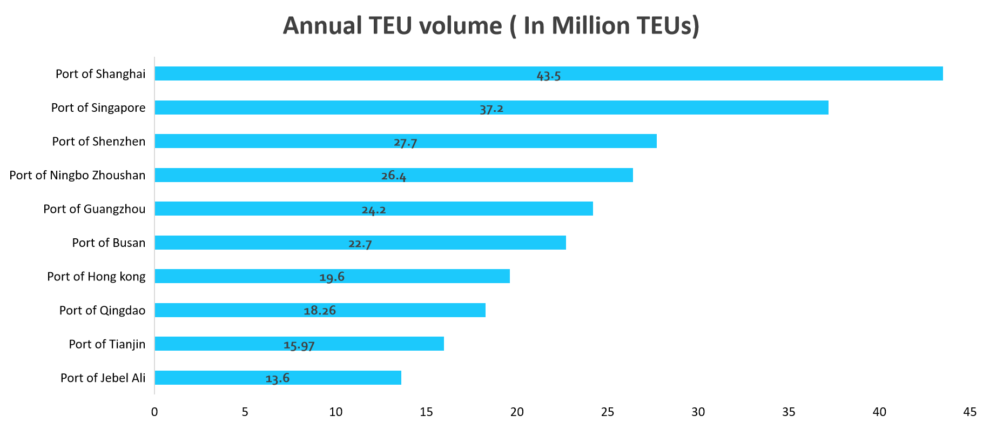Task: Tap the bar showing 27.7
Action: pyautogui.click(x=540, y=141)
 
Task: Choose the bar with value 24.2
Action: pyautogui.click(x=486, y=209)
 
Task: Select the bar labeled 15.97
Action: pyautogui.click(x=378, y=344)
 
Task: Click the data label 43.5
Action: pyautogui.click(x=548, y=76)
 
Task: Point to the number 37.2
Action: pyautogui.click(x=491, y=109)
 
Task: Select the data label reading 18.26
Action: pyautogui.click(x=320, y=310)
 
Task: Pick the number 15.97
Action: pyautogui.click(x=299, y=345)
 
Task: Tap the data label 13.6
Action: pyautogui.click(x=277, y=378)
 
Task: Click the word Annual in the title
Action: pyautogui.click(x=322, y=26)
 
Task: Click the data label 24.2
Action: pyautogui.click(x=373, y=210)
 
